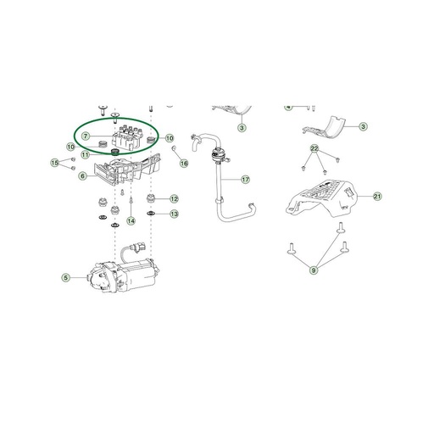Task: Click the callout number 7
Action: coord(86,136)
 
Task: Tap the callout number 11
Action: coord(85,155)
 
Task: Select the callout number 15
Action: coord(55,163)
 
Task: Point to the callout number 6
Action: coord(82,176)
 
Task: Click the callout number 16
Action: coord(184,164)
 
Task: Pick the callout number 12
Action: coord(174,199)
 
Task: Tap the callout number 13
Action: coord(174,214)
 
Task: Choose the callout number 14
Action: coord(131,221)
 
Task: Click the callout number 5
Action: coord(65,278)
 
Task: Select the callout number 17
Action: coord(245,180)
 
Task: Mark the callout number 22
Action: coord(314,148)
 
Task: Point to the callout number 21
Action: coord(377,197)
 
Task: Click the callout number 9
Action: coord(314,270)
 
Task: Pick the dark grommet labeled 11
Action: coord(115,153)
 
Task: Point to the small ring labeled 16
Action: coord(174,147)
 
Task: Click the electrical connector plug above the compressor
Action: coord(139,247)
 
